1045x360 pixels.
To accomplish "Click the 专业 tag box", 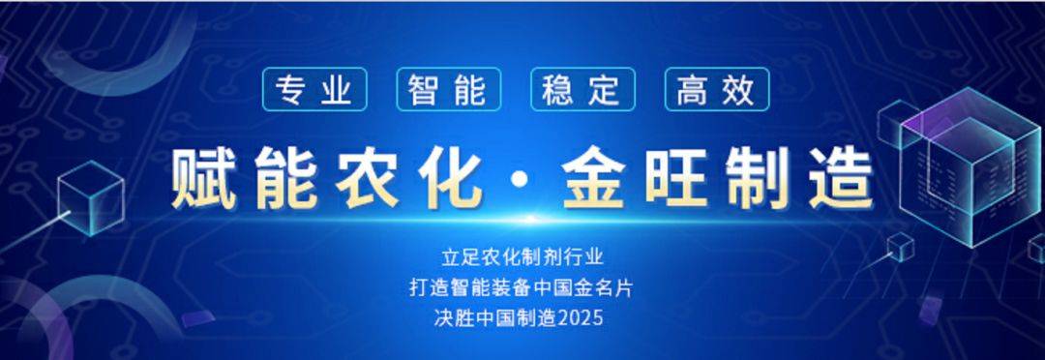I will (x=314, y=89).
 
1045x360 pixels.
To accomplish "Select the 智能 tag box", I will (x=448, y=89).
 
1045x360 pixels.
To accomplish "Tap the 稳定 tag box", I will (x=582, y=89).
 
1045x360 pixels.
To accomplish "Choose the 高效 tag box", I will (x=716, y=89).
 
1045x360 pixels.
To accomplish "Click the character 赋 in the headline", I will (x=204, y=179).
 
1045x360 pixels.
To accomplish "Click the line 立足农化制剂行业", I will (x=522, y=257).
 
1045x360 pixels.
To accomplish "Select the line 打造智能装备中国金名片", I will (x=522, y=287).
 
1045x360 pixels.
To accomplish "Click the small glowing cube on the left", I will (x=90, y=197).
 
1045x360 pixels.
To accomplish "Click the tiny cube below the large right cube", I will (x=901, y=247).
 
